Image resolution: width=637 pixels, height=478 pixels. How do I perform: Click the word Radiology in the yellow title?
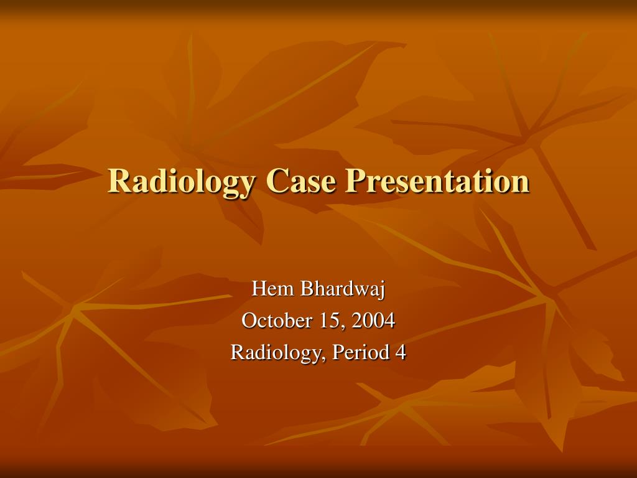(181, 182)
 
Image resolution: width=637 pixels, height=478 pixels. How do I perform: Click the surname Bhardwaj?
(343, 289)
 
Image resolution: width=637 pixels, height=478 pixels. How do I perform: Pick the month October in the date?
(277, 321)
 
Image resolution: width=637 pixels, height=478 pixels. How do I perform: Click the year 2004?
(373, 321)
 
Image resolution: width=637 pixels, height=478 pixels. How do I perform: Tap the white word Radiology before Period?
(277, 353)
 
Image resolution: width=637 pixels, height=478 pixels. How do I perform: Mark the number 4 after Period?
(401, 352)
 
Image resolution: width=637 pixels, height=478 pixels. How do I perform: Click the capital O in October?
(249, 321)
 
